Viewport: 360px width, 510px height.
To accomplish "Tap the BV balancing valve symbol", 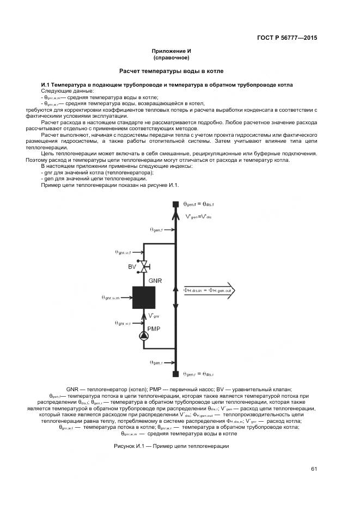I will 145,266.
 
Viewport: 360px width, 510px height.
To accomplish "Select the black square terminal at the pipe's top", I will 175,205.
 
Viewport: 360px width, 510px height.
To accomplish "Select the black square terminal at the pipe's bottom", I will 175,374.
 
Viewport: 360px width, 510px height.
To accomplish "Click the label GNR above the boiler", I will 155,280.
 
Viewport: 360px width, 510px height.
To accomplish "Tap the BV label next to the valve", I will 131,266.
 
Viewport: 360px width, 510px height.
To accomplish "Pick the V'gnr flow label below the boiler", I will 154,315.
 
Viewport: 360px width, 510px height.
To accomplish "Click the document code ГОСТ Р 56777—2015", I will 287,38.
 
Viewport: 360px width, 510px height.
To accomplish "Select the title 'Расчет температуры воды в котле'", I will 171,71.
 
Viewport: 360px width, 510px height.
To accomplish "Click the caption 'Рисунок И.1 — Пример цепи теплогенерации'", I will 171,446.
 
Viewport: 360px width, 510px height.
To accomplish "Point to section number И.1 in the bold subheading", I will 47,85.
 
